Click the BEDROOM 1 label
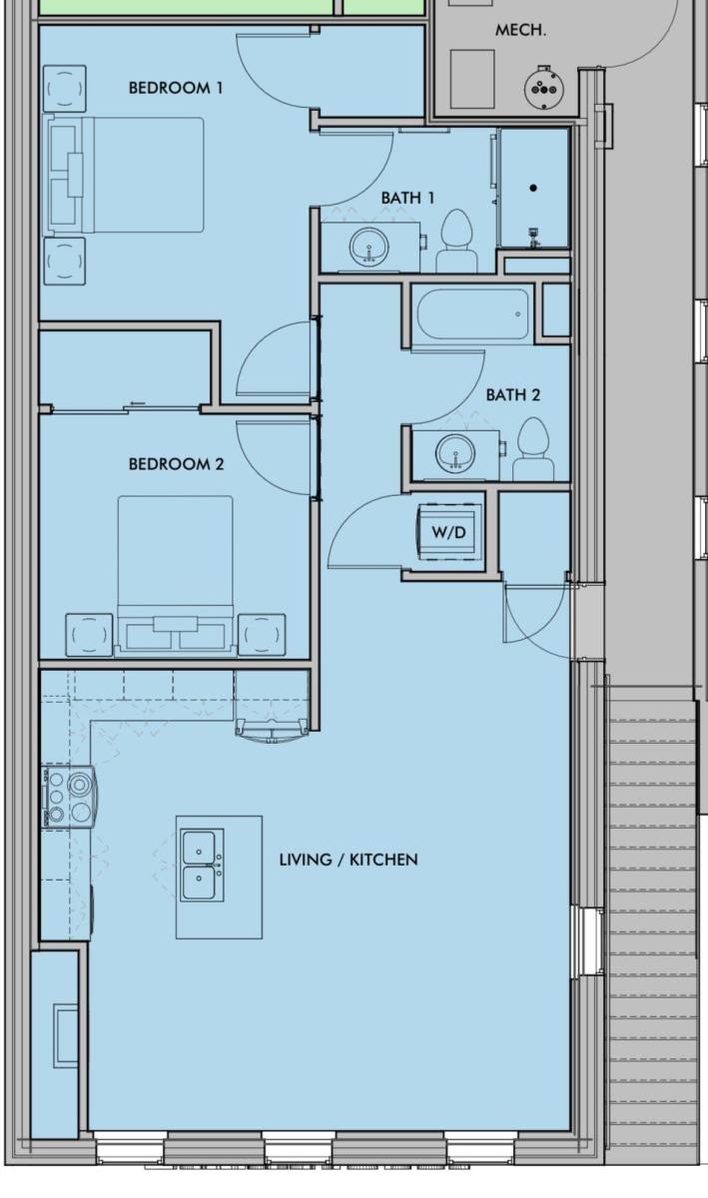tap(176, 88)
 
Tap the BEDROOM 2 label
tap(176, 463)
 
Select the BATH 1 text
tap(407, 198)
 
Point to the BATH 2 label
tap(513, 395)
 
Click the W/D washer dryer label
tap(449, 532)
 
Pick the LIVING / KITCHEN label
tap(349, 860)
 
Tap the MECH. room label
tap(520, 30)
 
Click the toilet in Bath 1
tap(457, 241)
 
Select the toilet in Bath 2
tap(533, 449)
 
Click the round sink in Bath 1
tap(368, 246)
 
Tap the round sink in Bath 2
tap(455, 453)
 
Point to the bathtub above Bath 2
tap(472, 313)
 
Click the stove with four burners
tap(70, 797)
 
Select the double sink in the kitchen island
tap(202, 866)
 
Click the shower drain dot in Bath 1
tap(533, 188)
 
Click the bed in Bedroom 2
tap(176, 575)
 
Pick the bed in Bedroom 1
tap(126, 175)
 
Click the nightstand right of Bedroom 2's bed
tap(262, 635)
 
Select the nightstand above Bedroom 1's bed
tap(65, 88)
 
